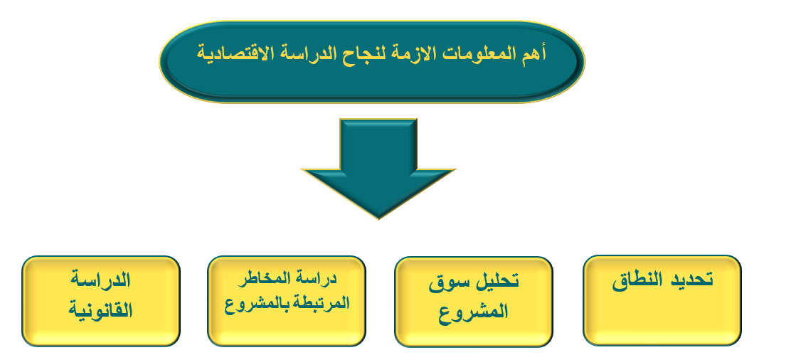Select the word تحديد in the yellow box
(x=692, y=280)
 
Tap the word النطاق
(x=637, y=280)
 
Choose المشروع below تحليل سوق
(x=472, y=311)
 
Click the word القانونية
(x=100, y=309)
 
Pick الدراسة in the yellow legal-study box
(x=100, y=281)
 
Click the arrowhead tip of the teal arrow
(x=378, y=219)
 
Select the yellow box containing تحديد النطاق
(x=662, y=300)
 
